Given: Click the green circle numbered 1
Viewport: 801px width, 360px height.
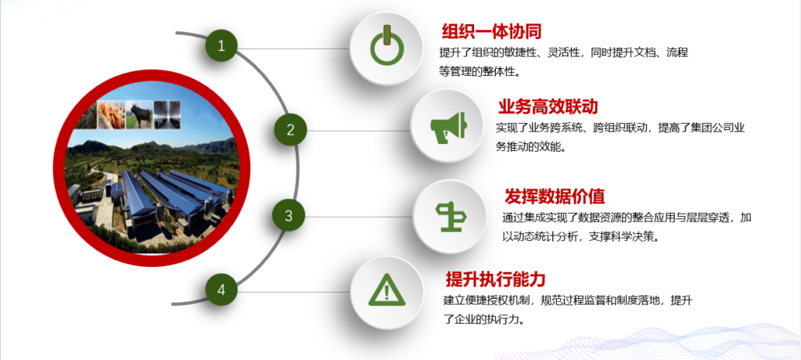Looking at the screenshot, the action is [x=221, y=46].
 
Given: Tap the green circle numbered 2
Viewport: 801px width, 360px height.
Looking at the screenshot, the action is [x=290, y=130].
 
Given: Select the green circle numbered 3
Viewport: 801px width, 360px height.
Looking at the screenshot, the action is [x=289, y=216].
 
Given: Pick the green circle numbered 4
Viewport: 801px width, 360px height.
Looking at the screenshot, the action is [x=221, y=290].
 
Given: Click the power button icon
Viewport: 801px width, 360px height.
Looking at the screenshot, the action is [x=386, y=45].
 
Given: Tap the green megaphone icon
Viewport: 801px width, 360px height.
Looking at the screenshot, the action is [x=448, y=126].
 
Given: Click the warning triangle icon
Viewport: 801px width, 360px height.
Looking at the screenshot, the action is [x=386, y=290].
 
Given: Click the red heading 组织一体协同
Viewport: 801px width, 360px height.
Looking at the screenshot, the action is [x=491, y=32].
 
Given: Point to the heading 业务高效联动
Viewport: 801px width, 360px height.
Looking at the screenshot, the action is [x=548, y=106].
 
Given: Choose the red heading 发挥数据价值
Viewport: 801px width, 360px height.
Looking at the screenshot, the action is [x=555, y=196].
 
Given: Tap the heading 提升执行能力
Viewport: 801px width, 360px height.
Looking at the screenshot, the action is [x=496, y=279].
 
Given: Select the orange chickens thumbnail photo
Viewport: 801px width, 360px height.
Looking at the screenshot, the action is [x=111, y=114].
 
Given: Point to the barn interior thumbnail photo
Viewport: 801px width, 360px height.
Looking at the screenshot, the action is [x=167, y=113].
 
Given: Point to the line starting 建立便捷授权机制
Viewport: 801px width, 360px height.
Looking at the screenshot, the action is [x=568, y=300].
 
